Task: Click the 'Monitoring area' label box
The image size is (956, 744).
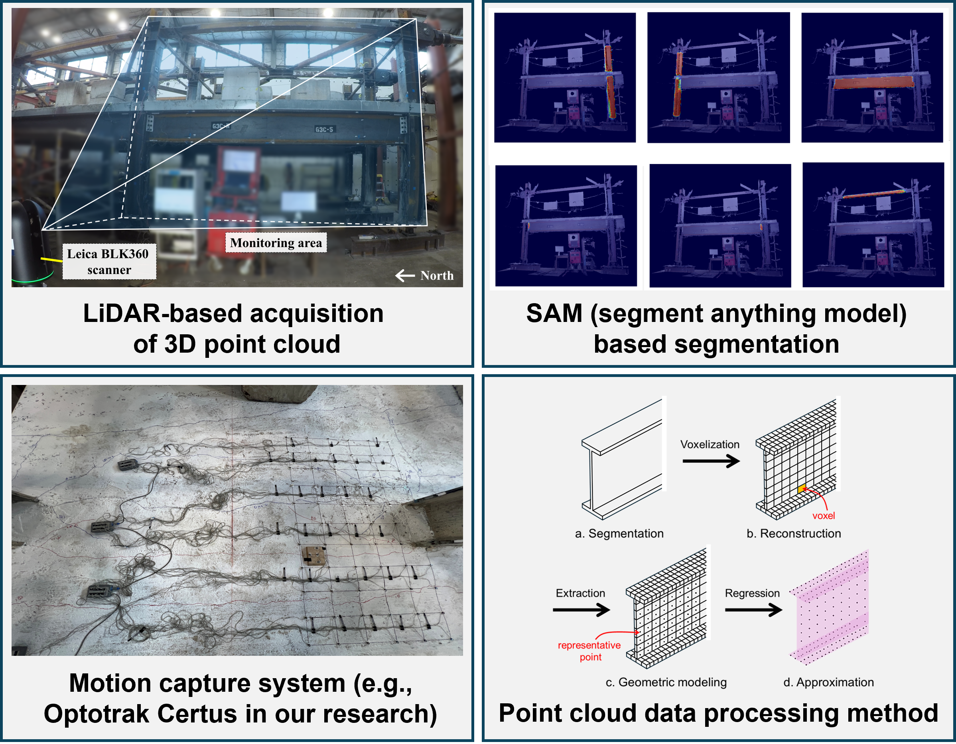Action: tap(276, 243)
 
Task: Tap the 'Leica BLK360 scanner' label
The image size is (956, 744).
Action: tap(108, 262)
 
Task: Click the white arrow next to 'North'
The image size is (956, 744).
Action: tap(405, 275)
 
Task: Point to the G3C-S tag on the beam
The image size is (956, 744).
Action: tap(324, 129)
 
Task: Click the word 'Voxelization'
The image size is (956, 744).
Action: tap(710, 444)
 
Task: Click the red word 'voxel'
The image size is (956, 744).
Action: tap(823, 516)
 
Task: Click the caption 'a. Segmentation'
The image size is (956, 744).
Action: tap(619, 533)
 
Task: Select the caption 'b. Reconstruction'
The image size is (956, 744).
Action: tap(794, 533)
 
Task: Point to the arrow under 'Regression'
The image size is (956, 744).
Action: tap(753, 610)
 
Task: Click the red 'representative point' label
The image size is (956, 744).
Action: tap(589, 651)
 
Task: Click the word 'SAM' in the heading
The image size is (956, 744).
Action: tap(554, 314)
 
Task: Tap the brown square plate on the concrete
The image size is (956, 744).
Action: tap(313, 556)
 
